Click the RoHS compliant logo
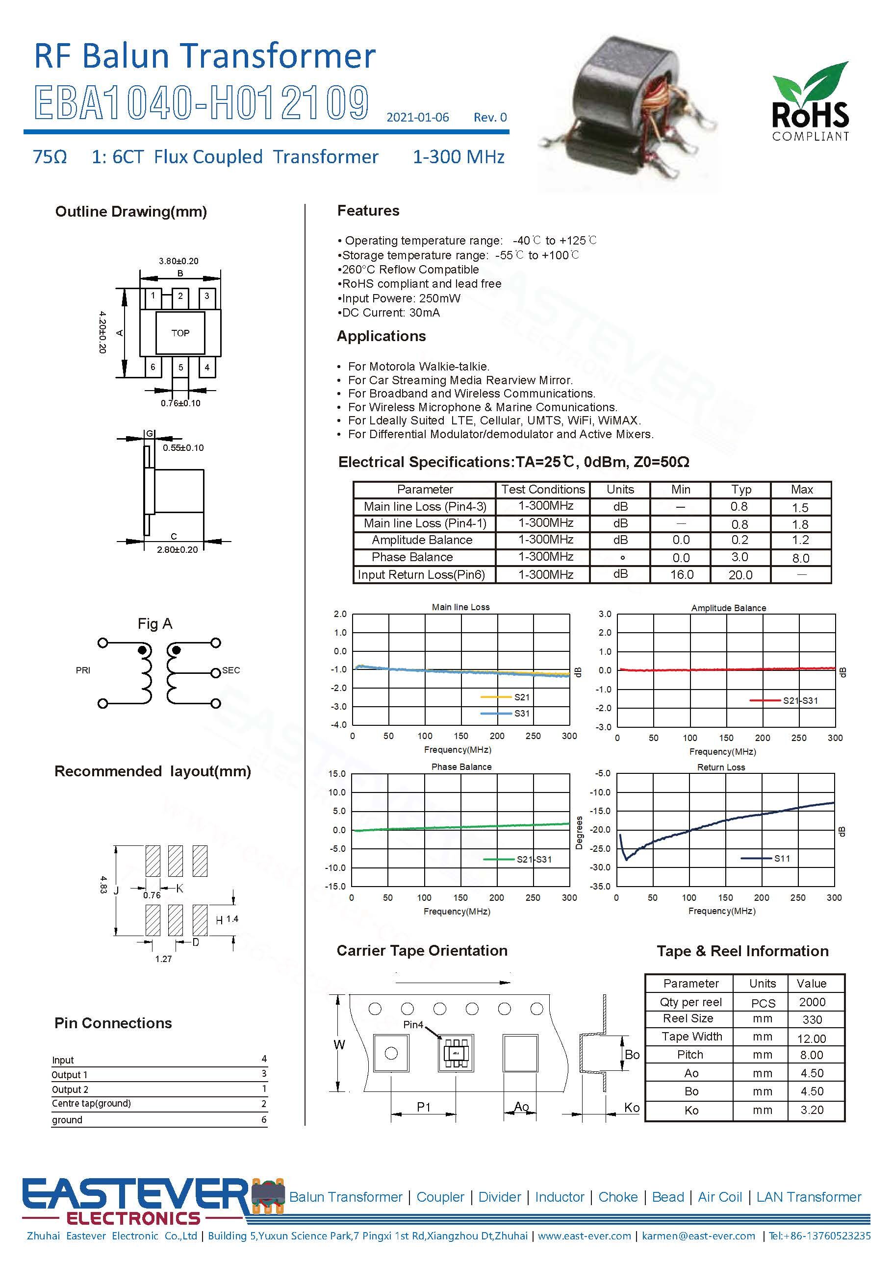(x=810, y=101)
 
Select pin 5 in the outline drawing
(x=180, y=367)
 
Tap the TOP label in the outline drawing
(x=180, y=333)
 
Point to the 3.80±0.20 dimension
(x=178, y=261)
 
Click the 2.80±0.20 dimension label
(x=177, y=549)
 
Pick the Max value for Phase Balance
(x=800, y=558)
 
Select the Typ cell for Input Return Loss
(x=740, y=574)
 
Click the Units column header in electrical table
(x=620, y=489)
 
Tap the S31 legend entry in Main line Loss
(x=505, y=714)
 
